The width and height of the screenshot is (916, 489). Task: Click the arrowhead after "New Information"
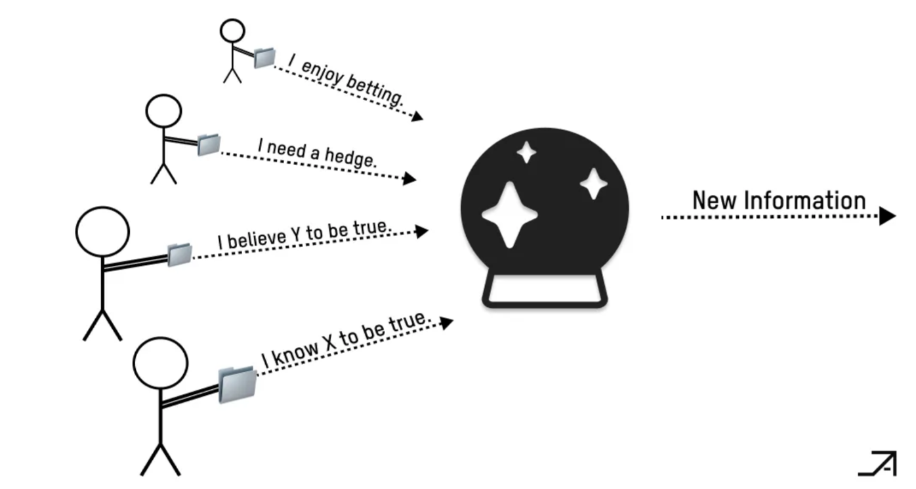[887, 215]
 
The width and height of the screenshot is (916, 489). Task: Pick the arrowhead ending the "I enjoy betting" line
[417, 117]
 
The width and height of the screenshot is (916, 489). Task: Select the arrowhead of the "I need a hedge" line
[409, 178]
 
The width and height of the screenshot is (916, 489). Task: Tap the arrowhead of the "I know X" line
[446, 322]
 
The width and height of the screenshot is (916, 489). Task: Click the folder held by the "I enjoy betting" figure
[264, 58]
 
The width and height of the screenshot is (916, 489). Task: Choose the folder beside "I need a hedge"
[209, 144]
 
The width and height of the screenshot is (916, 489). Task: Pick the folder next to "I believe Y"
[179, 255]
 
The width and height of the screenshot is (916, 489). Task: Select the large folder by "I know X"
[237, 384]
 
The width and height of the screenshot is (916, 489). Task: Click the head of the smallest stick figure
[232, 31]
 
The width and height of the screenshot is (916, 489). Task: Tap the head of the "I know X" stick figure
[161, 364]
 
